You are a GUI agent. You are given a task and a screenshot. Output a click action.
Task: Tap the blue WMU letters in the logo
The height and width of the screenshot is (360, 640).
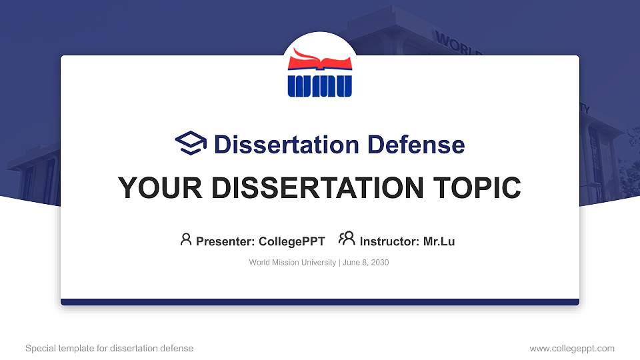pos(320,85)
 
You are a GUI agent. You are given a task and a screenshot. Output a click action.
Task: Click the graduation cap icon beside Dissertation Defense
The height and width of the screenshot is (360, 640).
pos(191,143)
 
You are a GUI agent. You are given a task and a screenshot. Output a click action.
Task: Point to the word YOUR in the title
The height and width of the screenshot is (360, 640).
pos(151,188)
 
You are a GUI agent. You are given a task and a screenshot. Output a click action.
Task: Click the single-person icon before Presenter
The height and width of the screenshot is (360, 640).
pos(186,239)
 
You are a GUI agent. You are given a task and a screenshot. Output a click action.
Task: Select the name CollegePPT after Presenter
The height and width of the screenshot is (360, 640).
pos(292,241)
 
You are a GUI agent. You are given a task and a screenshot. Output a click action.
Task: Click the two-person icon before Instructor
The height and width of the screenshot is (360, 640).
pos(347,239)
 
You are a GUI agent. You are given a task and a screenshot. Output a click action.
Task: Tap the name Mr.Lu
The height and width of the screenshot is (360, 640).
pos(439,241)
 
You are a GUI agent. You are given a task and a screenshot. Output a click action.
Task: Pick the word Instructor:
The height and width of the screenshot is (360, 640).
pos(390,241)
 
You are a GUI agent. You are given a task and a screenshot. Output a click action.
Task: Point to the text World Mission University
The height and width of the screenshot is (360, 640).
pos(293,263)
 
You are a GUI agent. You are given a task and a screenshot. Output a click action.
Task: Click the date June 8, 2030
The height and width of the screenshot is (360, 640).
pos(366,263)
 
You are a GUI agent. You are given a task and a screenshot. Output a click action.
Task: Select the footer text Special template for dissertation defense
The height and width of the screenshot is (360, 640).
pos(109,348)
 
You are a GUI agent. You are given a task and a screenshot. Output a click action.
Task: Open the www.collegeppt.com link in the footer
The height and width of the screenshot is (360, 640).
pos(572,348)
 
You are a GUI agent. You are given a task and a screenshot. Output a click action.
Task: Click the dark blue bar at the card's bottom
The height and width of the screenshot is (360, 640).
pos(320,302)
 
